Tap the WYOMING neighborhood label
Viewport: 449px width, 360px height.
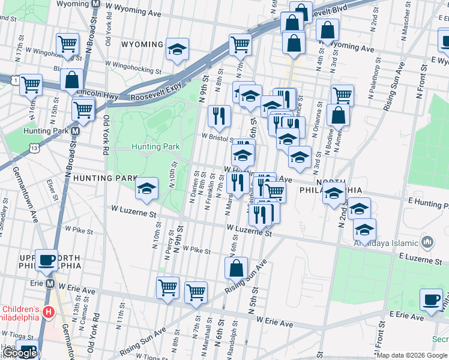[x=142, y=44]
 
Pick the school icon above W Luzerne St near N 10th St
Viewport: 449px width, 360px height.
[x=146, y=189]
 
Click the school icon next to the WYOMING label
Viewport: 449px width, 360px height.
[x=177, y=50]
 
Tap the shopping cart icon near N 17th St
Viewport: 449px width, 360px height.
[x=68, y=44]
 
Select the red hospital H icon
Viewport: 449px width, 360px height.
[x=49, y=312]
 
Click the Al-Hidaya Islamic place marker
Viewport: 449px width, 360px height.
[x=427, y=242]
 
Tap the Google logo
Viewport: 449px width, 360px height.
[x=19, y=353]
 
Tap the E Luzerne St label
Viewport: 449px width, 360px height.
[x=420, y=259]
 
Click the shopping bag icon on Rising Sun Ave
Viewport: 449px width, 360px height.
[x=237, y=268]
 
